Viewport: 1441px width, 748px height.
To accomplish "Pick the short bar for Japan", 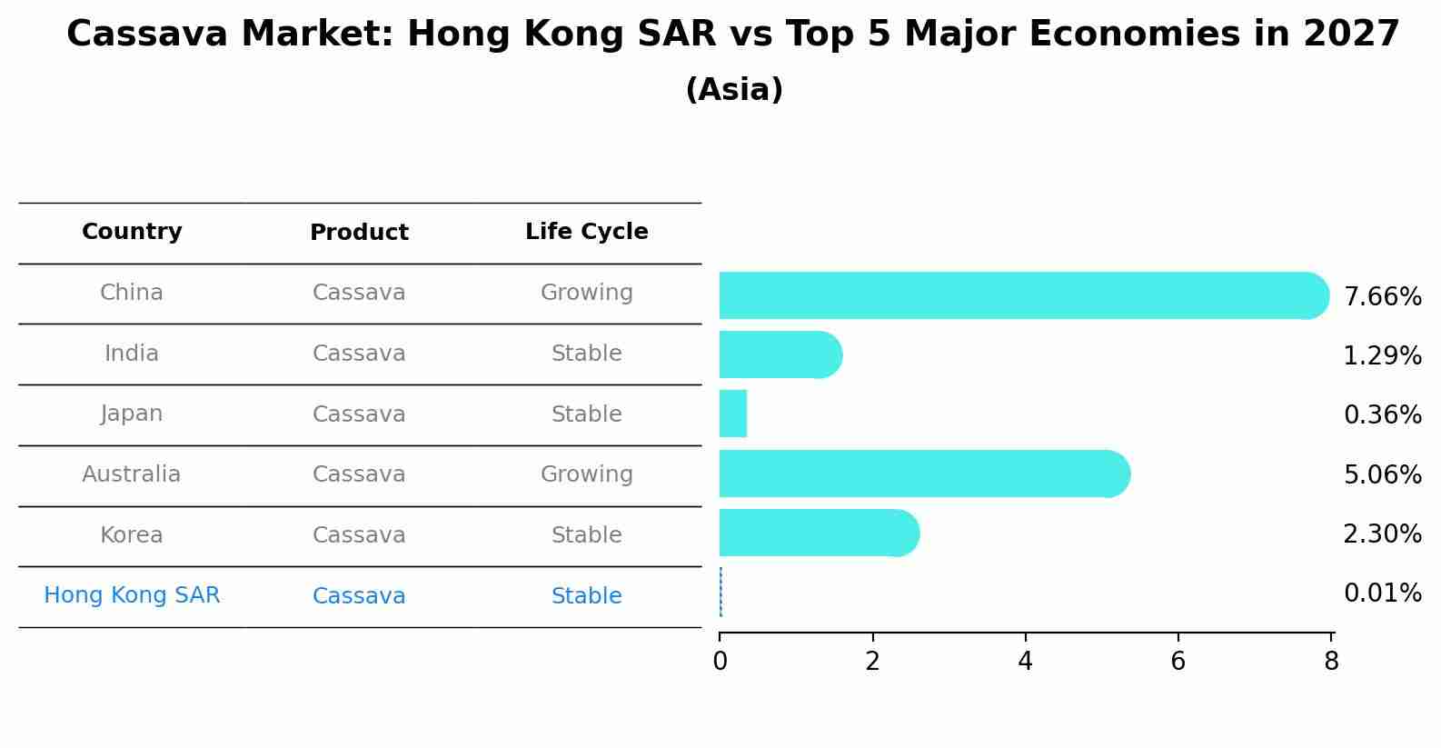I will tap(733, 414).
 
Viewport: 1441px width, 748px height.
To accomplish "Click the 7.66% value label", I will tap(1382, 297).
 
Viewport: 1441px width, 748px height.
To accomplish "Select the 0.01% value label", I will tap(1382, 593).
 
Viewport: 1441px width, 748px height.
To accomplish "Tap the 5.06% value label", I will tap(1382, 474).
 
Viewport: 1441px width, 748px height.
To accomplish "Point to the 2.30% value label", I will tap(1382, 534).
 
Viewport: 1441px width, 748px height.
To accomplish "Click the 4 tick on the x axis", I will tap(1026, 662).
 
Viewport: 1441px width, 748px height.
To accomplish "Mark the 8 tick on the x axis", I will tap(1331, 662).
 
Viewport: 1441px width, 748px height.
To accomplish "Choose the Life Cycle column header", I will tap(587, 232).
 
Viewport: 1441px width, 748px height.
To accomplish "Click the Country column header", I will tap(132, 232).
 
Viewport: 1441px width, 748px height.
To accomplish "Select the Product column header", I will tap(359, 233).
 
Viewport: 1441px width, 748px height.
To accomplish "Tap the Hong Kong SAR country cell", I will tap(132, 595).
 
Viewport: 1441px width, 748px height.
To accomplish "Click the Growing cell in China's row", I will tap(587, 293).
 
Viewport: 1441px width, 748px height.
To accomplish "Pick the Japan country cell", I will tap(132, 414).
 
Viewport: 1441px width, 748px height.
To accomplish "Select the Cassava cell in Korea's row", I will tap(359, 535).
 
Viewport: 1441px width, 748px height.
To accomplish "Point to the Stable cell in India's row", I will tap(587, 354).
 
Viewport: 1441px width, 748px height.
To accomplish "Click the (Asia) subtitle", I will tap(734, 90).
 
